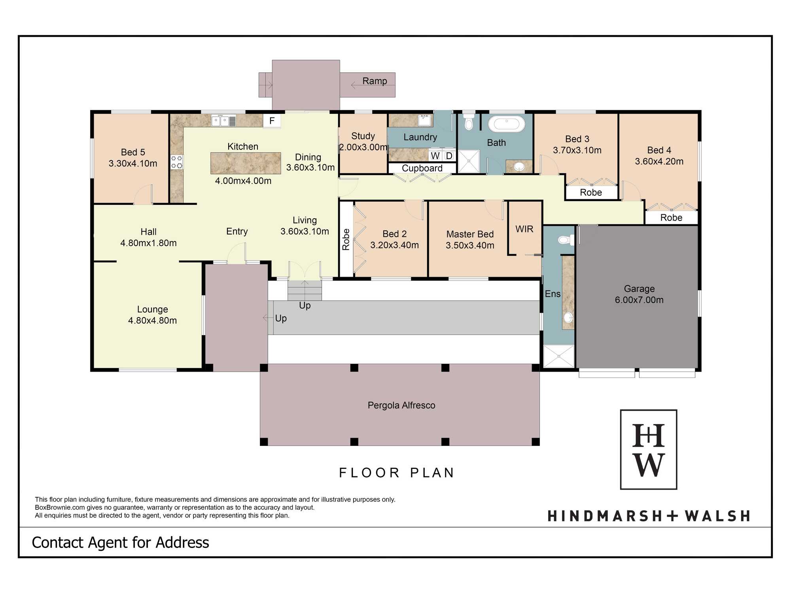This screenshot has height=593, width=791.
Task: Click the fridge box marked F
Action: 272,121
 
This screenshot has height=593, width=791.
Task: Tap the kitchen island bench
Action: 246,163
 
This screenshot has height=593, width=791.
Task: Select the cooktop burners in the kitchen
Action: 177,162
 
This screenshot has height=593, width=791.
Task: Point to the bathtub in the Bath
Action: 507,124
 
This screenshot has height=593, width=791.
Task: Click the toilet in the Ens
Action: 566,240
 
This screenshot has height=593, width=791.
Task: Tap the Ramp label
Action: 375,81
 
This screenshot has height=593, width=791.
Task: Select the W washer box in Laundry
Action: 435,156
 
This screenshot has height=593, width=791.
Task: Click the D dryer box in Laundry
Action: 449,156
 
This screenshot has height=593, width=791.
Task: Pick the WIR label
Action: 524,229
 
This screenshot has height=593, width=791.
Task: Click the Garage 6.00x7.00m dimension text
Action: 639,300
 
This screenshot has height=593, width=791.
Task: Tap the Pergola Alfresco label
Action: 401,405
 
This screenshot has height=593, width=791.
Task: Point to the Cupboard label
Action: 422,168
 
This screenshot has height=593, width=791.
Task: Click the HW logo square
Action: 649,449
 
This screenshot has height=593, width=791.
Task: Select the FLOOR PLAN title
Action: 397,473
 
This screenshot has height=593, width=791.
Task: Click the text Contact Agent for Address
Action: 120,543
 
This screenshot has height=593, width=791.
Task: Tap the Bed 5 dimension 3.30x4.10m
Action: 133,164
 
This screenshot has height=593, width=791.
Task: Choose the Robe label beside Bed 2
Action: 346,240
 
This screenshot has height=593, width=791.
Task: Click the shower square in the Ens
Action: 559,356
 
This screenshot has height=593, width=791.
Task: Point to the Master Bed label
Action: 470,234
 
